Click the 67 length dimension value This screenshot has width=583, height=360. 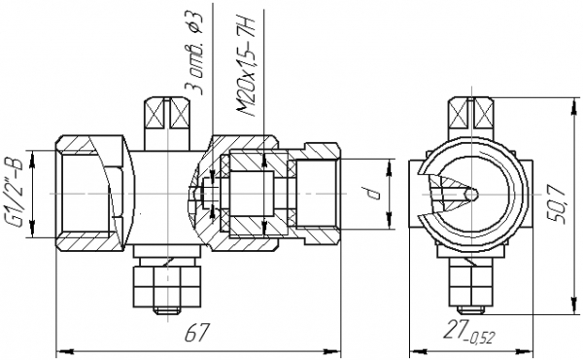[196, 332]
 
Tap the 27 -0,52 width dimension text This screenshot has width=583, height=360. [469, 332]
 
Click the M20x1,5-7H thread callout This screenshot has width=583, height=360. [247, 66]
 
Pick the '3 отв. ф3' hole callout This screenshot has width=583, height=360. [195, 54]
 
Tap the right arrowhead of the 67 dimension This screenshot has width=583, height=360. [332, 351]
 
